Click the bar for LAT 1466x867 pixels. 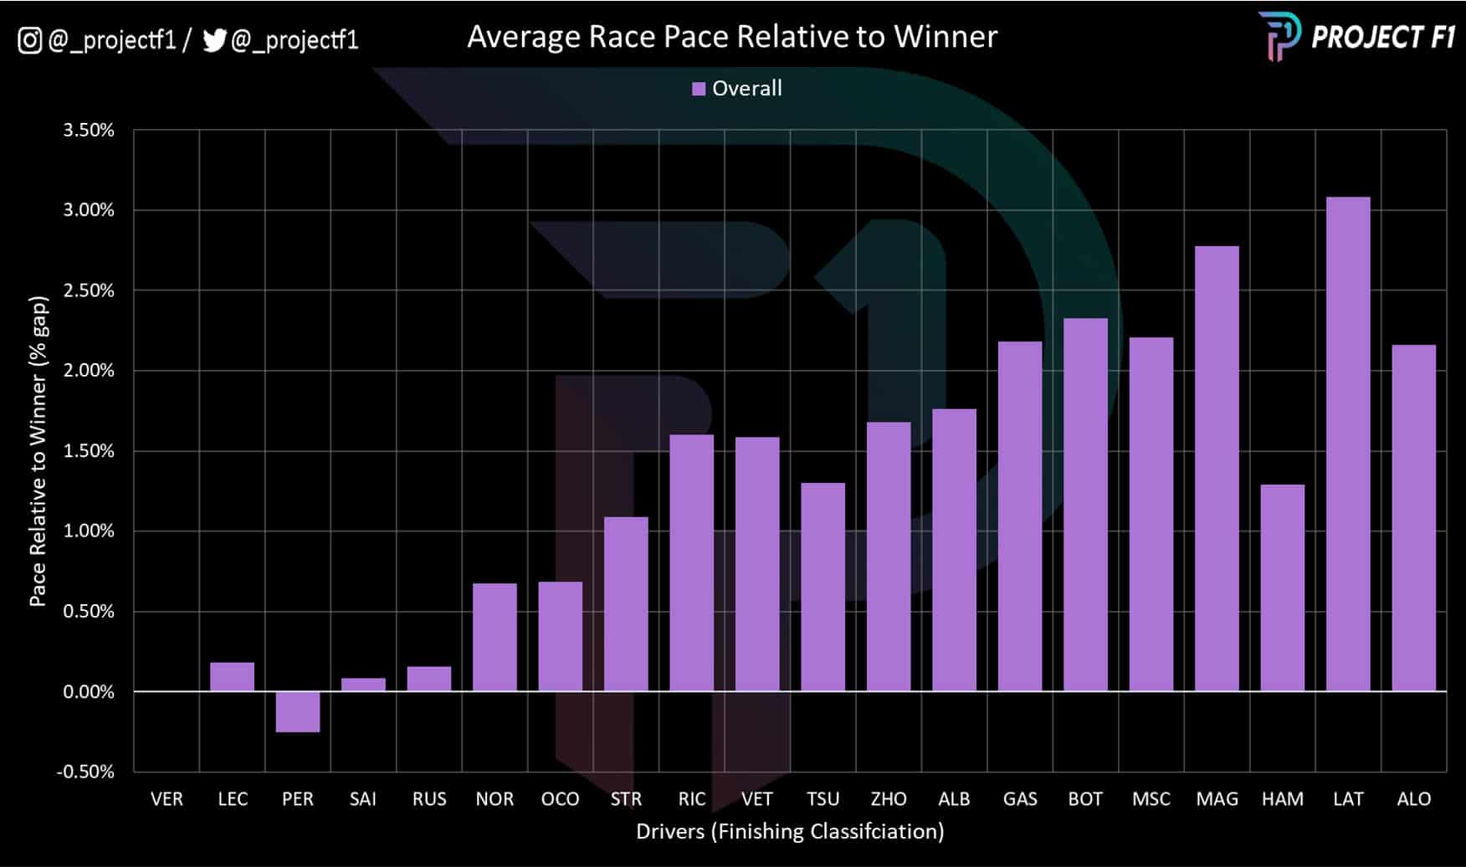pos(1348,444)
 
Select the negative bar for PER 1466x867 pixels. pos(298,711)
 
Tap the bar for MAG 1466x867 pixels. pos(1217,469)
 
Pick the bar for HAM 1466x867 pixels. pos(1282,588)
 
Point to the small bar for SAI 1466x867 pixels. pos(363,685)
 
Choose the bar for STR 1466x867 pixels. pos(626,604)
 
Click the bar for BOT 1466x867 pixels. pos(1085,505)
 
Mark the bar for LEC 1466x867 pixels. pos(232,677)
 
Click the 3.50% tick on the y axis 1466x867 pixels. pos(89,131)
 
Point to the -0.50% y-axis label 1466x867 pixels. pos(85,772)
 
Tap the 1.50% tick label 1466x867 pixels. pos(89,451)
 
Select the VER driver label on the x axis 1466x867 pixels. pos(167,799)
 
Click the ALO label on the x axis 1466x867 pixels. pos(1413,799)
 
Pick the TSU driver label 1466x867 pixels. pos(823,799)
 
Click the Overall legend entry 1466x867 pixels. pos(737,89)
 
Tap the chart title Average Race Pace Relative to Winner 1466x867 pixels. pos(732,37)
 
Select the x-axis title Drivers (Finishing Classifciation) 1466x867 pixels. pos(790,831)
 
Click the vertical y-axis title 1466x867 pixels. pos(38,452)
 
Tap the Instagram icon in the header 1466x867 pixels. pos(29,40)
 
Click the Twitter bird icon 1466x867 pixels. pos(214,40)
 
